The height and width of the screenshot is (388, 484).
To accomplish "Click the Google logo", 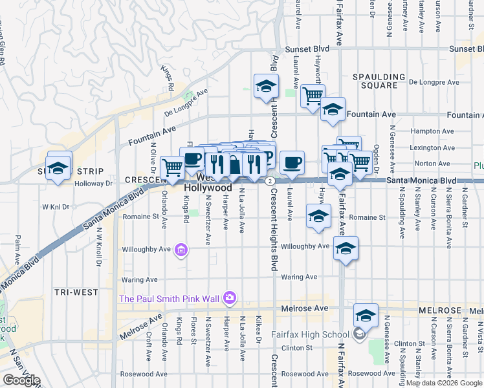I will tap(21, 380).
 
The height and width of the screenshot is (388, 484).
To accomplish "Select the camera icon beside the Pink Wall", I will tap(228, 297).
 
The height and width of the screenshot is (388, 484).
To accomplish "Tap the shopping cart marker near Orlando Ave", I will tap(172, 167).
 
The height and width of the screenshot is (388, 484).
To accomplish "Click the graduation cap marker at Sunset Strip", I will tap(58, 167).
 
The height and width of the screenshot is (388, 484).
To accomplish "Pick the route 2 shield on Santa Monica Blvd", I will tap(268, 180).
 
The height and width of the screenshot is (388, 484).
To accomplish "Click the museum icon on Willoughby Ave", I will tap(182, 250).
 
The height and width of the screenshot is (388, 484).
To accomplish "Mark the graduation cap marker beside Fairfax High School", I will tap(366, 316).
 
